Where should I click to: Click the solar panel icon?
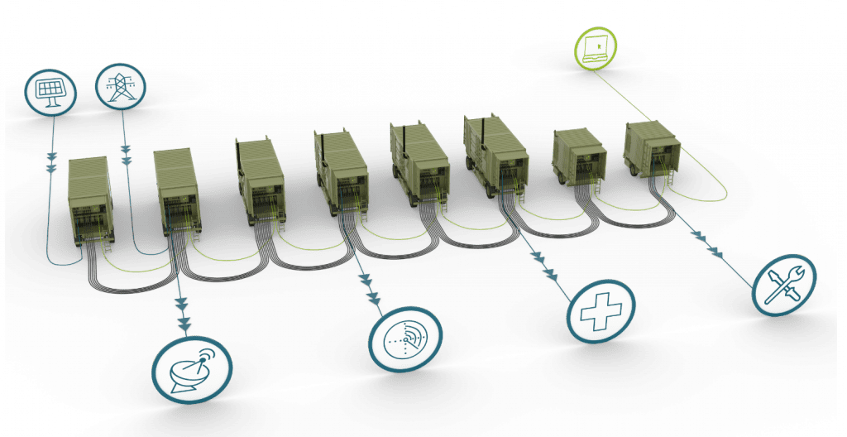pos(50,90)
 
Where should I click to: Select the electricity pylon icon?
pos(119,85)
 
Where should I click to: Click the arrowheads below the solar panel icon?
pos(52,161)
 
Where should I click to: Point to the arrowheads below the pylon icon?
pos(127,154)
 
